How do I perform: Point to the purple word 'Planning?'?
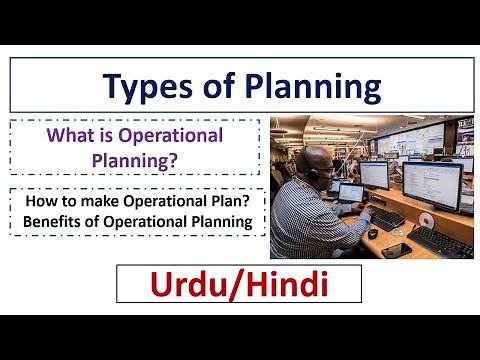(x=134, y=157)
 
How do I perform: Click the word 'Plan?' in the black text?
(x=230, y=201)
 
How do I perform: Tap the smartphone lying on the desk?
(x=394, y=249)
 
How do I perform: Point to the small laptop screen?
(x=351, y=192)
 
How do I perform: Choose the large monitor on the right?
(x=431, y=185)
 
